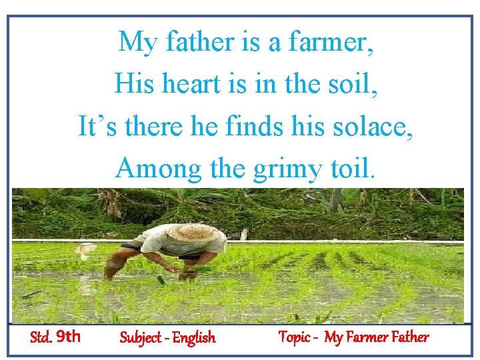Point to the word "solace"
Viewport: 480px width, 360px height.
[377, 127]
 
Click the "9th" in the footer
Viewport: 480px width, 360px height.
[69, 337]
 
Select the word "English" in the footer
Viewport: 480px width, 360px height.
[194, 337]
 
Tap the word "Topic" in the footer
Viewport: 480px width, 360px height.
[293, 337]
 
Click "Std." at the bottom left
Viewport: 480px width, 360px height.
[41, 337]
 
